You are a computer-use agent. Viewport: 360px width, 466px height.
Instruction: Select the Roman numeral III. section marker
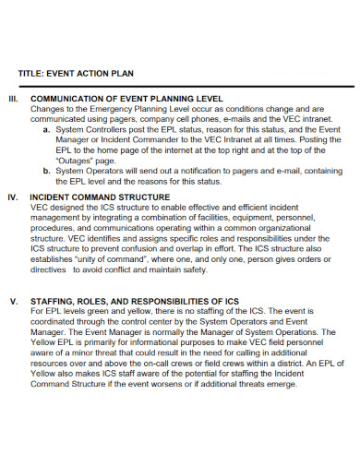click(x=14, y=97)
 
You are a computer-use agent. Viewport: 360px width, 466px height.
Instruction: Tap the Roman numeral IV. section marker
click(x=14, y=197)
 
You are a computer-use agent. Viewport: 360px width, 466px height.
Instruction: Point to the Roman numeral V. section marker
click(x=13, y=301)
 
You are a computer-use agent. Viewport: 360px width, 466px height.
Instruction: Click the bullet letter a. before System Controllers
click(x=46, y=130)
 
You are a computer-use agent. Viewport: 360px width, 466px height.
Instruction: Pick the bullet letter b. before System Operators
click(x=46, y=171)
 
